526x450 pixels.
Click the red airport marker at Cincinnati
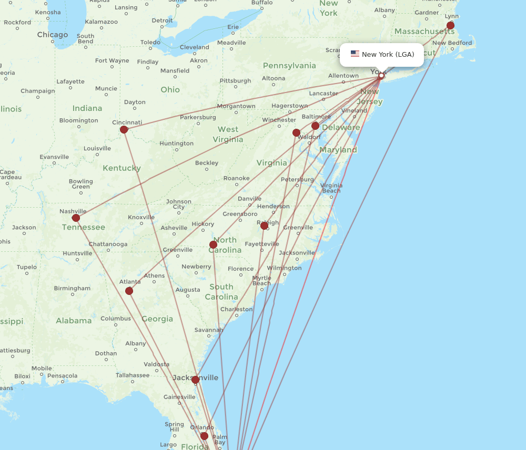[124, 129]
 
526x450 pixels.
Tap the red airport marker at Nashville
[76, 218]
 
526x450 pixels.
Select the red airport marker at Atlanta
[129, 291]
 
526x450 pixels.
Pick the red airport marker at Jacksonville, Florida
[195, 380]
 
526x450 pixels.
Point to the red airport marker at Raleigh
[264, 226]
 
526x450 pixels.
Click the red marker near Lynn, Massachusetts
[450, 25]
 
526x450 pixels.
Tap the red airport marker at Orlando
[204, 436]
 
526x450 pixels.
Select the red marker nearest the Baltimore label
[315, 126]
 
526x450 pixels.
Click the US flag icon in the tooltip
[355, 54]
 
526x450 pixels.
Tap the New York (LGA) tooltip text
[388, 55]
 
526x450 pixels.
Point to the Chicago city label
[52, 35]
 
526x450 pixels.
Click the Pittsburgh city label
[235, 81]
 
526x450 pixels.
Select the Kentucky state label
[122, 168]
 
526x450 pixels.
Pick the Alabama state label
[74, 321]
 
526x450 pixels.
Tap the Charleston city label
[237, 309]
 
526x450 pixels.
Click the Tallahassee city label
[133, 375]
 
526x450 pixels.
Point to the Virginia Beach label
[331, 188]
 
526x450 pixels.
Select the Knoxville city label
[141, 217]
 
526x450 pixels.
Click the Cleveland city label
[195, 47]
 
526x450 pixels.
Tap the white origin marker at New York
[381, 76]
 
